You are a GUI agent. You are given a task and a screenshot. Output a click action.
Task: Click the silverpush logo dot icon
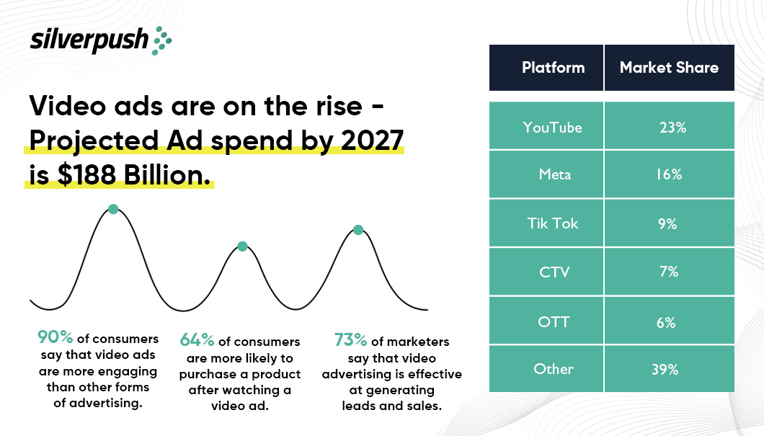pyautogui.click(x=162, y=40)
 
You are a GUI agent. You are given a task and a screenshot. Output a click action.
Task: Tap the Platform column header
pyautogui.click(x=553, y=68)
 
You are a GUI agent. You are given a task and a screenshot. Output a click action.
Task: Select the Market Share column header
pyautogui.click(x=669, y=68)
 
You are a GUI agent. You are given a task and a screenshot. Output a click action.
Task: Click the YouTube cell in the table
pyautogui.click(x=552, y=127)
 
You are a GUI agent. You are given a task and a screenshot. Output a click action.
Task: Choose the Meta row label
pyautogui.click(x=552, y=175)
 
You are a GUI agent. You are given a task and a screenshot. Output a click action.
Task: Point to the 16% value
pyautogui.click(x=668, y=175)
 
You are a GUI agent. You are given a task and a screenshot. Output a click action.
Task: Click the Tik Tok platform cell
pyautogui.click(x=552, y=223)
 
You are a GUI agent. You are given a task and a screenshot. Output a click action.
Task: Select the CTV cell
pyautogui.click(x=554, y=272)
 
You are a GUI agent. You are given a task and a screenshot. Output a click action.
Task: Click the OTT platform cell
pyautogui.click(x=553, y=321)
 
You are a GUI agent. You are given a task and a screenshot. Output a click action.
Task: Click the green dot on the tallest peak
pyautogui.click(x=113, y=209)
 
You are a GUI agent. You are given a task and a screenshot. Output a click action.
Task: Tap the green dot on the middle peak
pyautogui.click(x=242, y=246)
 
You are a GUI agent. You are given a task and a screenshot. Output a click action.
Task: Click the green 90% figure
pyautogui.click(x=55, y=337)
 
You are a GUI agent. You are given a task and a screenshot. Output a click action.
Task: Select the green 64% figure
pyautogui.click(x=197, y=339)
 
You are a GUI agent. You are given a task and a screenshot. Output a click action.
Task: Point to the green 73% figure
pyautogui.click(x=351, y=339)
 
